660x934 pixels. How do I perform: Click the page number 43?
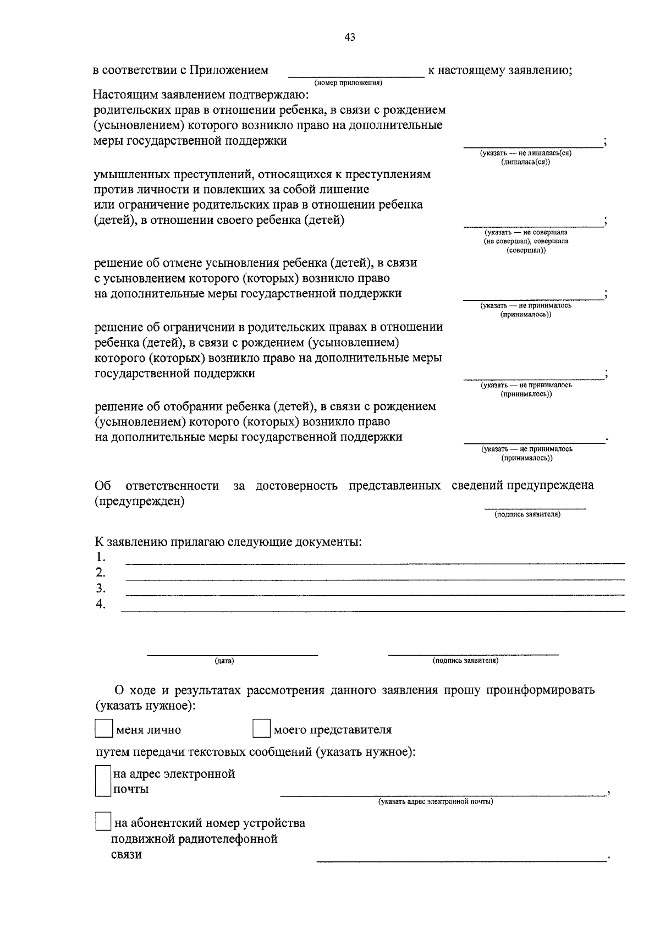350,37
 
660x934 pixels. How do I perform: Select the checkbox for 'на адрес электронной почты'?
103,781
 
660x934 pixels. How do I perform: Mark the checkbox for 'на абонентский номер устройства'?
103,822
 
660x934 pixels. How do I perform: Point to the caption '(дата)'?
224,661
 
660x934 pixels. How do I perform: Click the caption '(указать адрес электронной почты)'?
435,801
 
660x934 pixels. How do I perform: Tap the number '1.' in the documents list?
100,557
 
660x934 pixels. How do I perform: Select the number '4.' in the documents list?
100,604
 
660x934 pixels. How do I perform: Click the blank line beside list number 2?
375,579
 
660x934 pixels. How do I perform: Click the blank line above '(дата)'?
232,654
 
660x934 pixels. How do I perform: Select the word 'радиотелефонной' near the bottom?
226,839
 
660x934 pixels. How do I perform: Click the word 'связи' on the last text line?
126,854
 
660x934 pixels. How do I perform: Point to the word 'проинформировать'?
540,690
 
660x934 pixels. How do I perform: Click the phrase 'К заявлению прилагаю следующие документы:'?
228,541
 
